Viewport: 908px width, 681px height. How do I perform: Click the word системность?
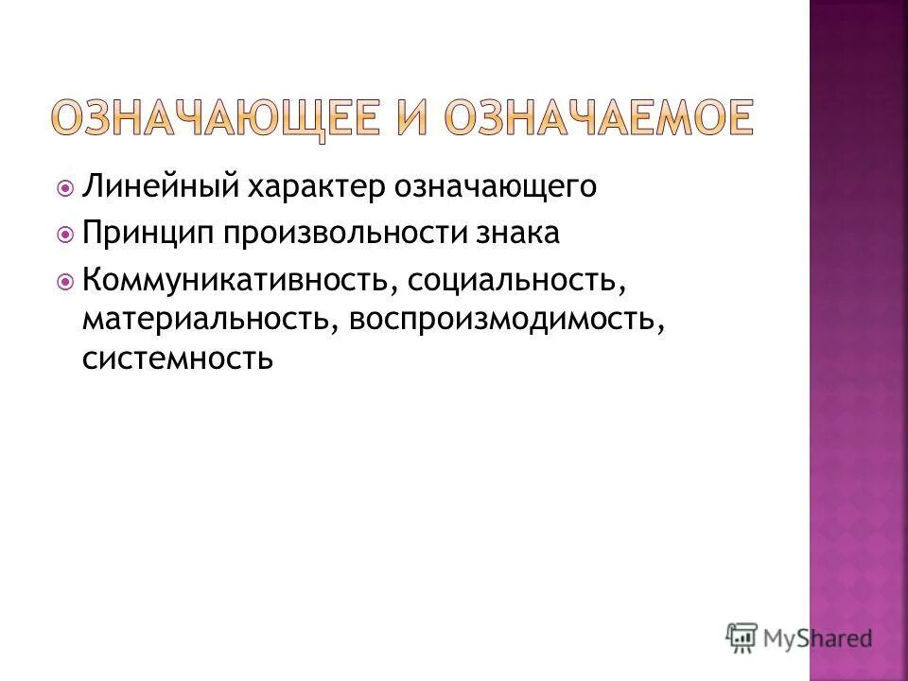(178, 358)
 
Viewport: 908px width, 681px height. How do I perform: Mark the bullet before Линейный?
(65, 188)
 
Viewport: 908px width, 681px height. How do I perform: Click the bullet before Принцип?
(65, 235)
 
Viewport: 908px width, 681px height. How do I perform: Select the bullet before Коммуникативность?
(65, 281)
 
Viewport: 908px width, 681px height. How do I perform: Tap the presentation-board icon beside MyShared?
(742, 637)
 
